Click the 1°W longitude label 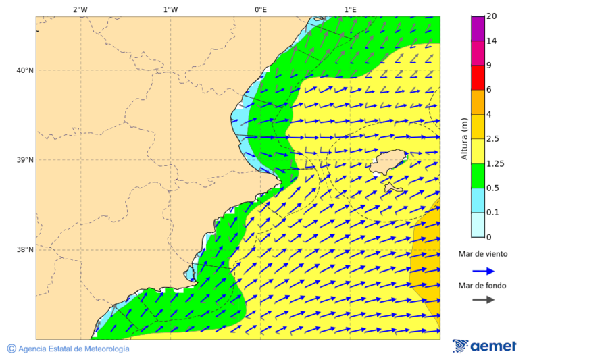click(170, 9)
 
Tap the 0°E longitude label click(260, 9)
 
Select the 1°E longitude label click(350, 9)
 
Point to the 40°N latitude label click(25, 70)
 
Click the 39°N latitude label click(25, 160)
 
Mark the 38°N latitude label click(25, 249)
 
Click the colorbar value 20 click(492, 16)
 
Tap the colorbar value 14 click(492, 41)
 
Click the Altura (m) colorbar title click(465, 138)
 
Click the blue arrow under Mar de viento click(483, 271)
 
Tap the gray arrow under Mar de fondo click(483, 300)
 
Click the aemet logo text click(492, 346)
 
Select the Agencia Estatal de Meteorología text click(73, 349)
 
